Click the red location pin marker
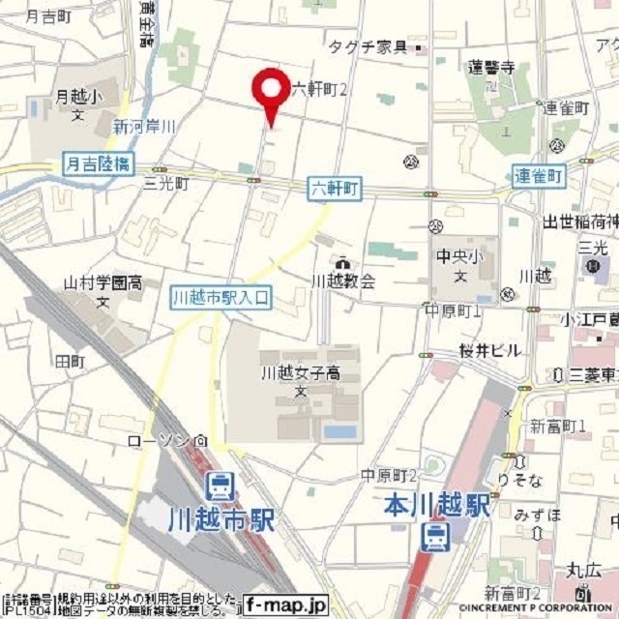click(x=270, y=90)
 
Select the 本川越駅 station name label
click(x=434, y=504)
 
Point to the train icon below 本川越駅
click(x=435, y=535)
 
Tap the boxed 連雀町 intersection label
click(x=539, y=176)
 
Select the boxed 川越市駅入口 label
click(x=221, y=297)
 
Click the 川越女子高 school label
click(x=299, y=372)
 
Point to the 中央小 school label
click(x=453, y=257)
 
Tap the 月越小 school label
click(x=76, y=97)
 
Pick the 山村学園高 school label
click(x=103, y=283)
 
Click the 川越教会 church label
click(x=343, y=280)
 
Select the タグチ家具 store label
click(x=368, y=46)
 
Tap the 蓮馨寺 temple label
click(x=489, y=68)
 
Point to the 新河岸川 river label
click(x=144, y=126)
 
